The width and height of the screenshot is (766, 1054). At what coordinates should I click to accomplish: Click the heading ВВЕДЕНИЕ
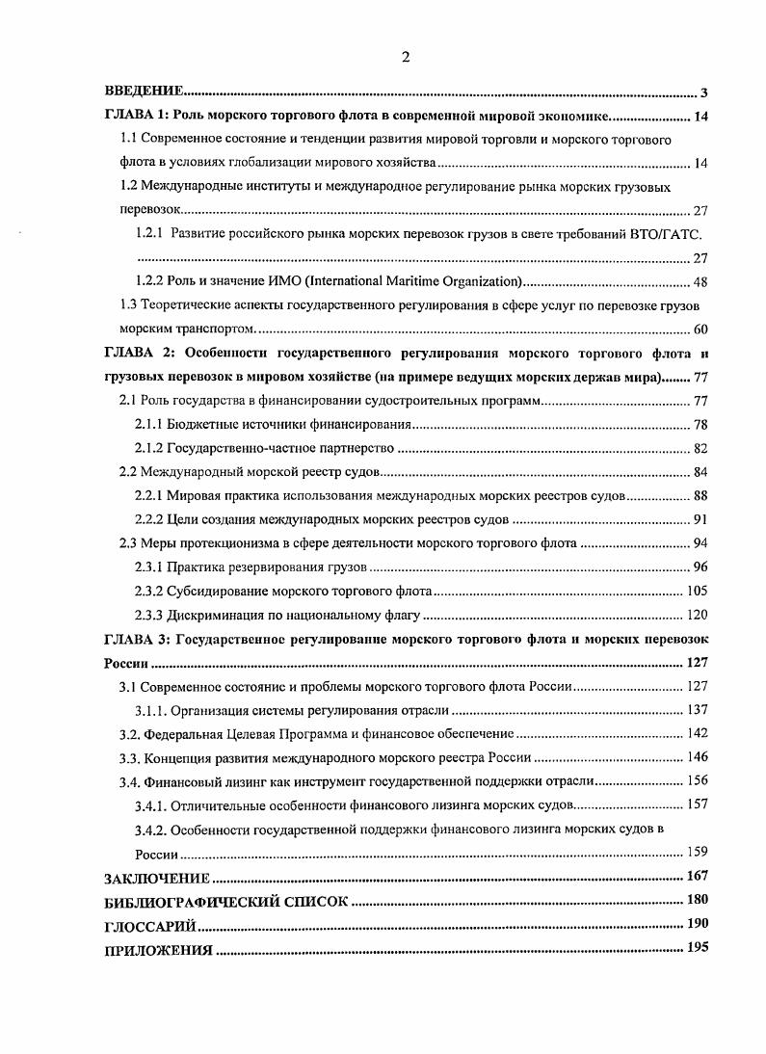tap(144, 92)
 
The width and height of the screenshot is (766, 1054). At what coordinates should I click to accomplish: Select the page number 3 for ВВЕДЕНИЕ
tap(703, 93)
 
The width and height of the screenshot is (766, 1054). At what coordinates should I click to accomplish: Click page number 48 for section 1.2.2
tap(700, 281)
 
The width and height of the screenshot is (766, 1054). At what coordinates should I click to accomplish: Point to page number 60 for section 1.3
tap(700, 329)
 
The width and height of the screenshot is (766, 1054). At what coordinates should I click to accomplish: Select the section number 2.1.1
tap(148, 424)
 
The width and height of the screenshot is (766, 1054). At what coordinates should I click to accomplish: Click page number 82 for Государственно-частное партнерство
tap(700, 448)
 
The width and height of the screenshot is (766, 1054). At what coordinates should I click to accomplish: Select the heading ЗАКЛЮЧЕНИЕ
tap(157, 878)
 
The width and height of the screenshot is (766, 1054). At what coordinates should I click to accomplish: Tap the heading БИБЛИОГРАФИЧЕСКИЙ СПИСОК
tap(225, 902)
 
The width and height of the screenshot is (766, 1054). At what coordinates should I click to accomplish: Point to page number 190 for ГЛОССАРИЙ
tap(698, 925)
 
